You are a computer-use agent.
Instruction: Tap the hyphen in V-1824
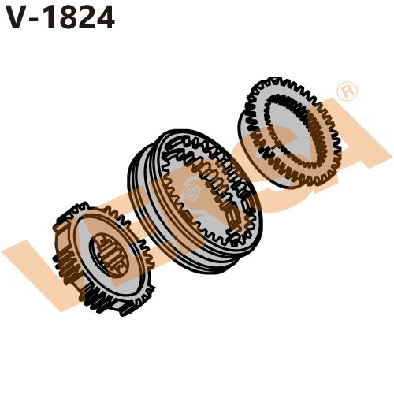tap(39, 19)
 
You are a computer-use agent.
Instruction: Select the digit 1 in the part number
tap(54, 17)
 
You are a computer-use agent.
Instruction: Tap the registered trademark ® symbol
tap(344, 91)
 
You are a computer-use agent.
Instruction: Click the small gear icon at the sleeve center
tap(189, 191)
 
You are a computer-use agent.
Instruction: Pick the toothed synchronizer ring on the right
tap(290, 130)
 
